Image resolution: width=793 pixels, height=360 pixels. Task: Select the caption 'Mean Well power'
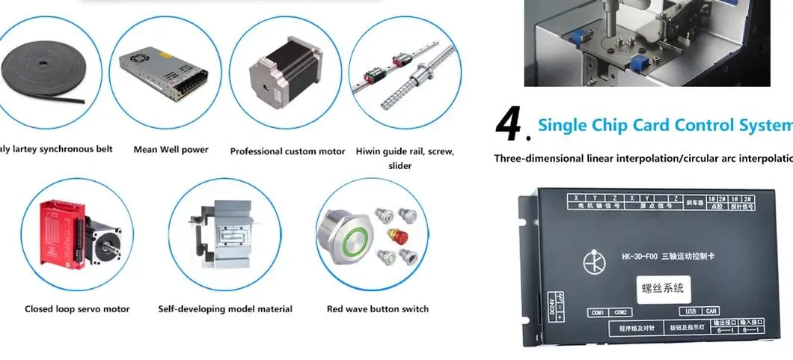pos(171,150)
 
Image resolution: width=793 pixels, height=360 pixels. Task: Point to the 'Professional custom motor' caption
pos(287,151)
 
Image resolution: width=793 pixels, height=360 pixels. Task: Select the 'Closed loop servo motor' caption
pos(77,309)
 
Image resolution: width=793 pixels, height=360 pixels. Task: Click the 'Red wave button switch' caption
pos(378,309)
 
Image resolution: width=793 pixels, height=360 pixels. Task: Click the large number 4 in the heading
pos(509,125)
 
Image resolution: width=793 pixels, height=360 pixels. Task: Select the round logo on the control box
pos(593,261)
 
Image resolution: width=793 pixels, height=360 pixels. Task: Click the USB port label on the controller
pos(691,311)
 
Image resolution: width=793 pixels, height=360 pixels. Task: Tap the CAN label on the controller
pos(711,311)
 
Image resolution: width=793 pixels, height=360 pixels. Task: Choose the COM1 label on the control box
pos(598,312)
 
